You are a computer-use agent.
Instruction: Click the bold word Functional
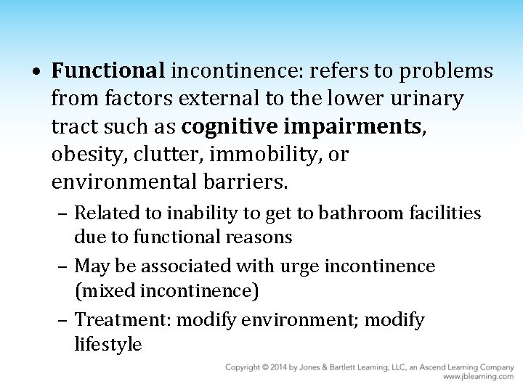point(109,72)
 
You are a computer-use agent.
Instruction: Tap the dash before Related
point(65,213)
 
